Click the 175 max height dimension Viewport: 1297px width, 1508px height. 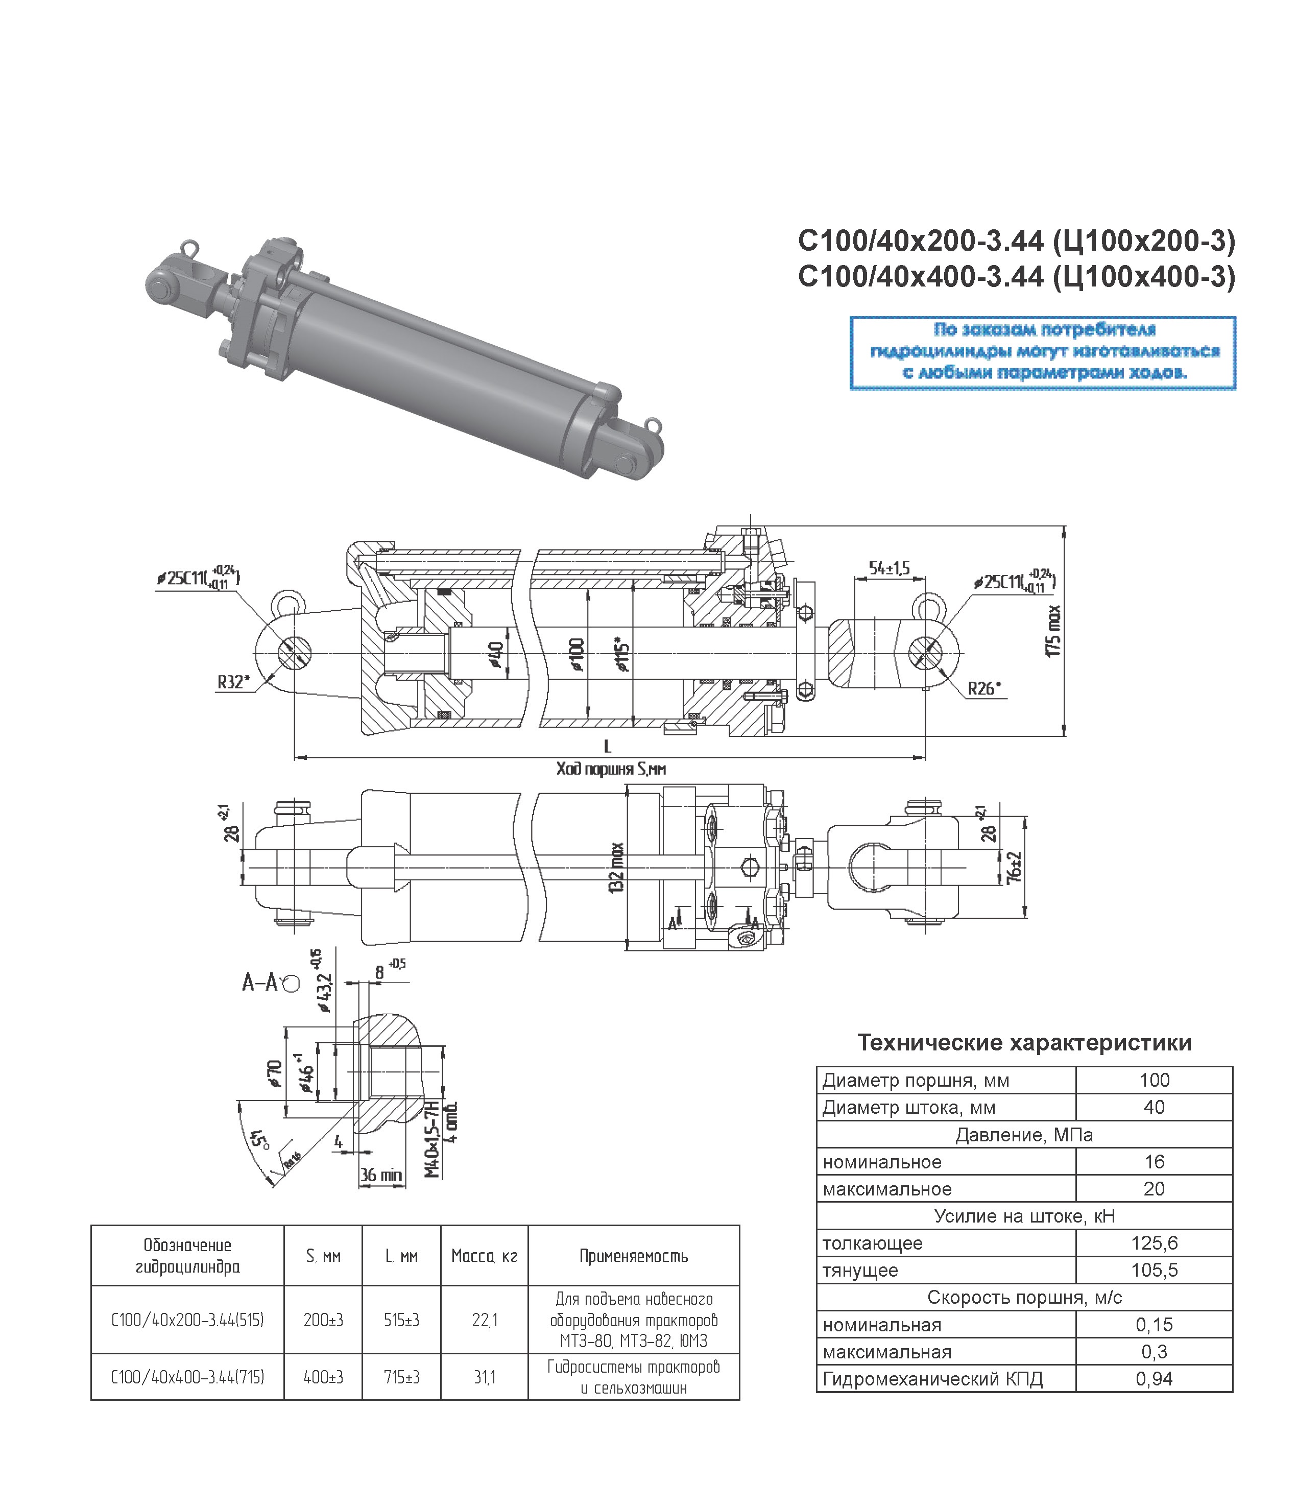[x=1053, y=631]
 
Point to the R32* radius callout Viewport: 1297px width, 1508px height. [x=233, y=682]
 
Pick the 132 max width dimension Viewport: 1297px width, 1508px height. [x=617, y=868]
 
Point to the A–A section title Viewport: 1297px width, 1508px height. [x=260, y=983]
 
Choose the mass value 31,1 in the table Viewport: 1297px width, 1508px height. [x=484, y=1377]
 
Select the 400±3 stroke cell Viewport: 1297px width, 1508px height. [x=323, y=1377]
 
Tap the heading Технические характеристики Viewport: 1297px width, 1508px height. [x=1024, y=1043]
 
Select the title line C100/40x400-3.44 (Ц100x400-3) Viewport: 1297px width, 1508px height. [x=1016, y=277]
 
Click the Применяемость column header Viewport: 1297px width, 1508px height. [x=633, y=1255]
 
